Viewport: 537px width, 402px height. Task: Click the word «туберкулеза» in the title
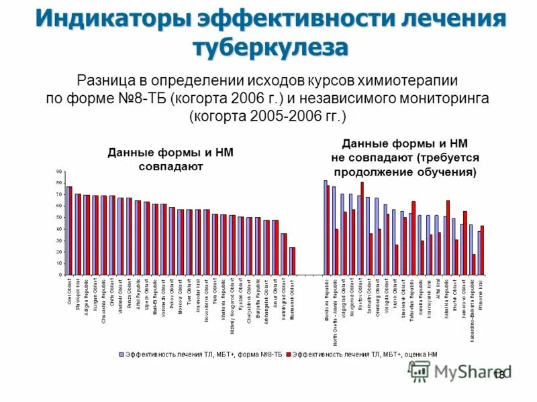(x=271, y=48)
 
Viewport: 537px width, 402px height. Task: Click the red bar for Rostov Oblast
(x=362, y=228)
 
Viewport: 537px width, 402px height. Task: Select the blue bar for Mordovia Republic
(x=325, y=228)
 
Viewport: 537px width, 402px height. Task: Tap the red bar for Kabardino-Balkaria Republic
(x=474, y=265)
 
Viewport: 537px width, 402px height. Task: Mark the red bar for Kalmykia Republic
(x=448, y=238)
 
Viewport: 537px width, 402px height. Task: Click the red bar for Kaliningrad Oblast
(x=285, y=255)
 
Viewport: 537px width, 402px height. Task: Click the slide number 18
(x=499, y=375)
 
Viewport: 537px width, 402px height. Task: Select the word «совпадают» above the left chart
(x=170, y=166)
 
